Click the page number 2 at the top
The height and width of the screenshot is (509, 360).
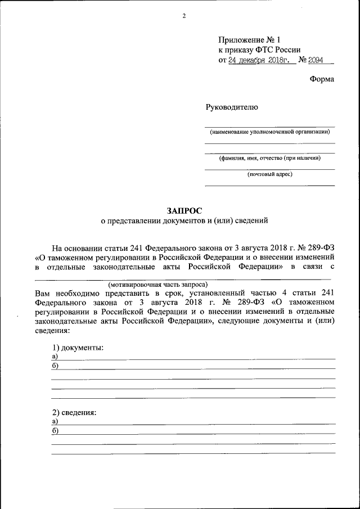pyautogui.click(x=183, y=15)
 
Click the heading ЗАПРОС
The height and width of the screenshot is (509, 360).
pyautogui.click(x=180, y=210)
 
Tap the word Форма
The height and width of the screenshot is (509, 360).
pyautogui.click(x=322, y=79)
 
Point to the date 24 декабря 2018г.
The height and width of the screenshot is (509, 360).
pyautogui.click(x=262, y=60)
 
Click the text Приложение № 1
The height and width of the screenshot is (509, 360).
pyautogui.click(x=249, y=39)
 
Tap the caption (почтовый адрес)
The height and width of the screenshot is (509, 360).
pyautogui.click(x=270, y=174)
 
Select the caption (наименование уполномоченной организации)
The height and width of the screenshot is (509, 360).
pyautogui.click(x=270, y=132)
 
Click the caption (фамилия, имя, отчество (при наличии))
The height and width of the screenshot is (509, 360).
pyautogui.click(x=270, y=158)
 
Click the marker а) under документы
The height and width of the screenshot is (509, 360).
pyautogui.click(x=55, y=357)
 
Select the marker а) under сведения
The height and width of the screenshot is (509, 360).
pyautogui.click(x=55, y=421)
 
